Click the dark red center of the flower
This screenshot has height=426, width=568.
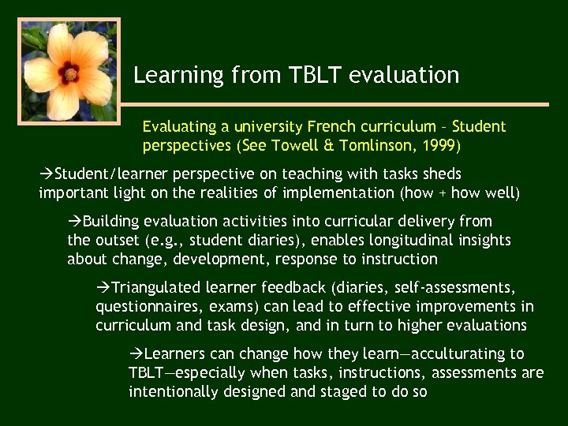pyautogui.click(x=70, y=73)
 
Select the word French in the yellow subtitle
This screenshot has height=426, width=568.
pyautogui.click(x=332, y=126)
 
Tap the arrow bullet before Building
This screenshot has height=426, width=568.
pyautogui.click(x=75, y=221)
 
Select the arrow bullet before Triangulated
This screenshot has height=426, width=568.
pyautogui.click(x=103, y=287)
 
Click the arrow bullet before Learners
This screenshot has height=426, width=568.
pyautogui.click(x=136, y=353)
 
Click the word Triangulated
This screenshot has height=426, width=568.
pyautogui.click(x=157, y=287)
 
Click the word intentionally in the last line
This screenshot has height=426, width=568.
pyautogui.click(x=174, y=391)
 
